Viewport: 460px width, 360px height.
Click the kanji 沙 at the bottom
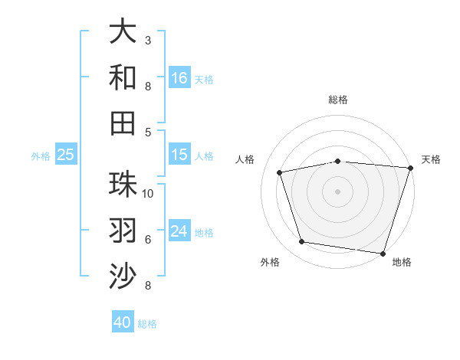coord(123,276)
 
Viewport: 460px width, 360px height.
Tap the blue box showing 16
coord(179,78)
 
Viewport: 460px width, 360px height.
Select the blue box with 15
coord(179,155)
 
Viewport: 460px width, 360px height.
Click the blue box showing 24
coord(179,232)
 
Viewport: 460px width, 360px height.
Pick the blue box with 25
coord(66,155)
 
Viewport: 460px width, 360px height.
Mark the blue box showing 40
coord(123,322)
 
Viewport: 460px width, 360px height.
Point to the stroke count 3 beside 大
coord(148,40)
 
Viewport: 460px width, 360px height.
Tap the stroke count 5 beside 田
coord(148,132)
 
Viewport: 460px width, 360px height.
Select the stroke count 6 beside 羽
coord(148,239)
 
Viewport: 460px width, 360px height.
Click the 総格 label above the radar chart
coord(337,100)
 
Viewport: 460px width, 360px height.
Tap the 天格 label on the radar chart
coord(431,159)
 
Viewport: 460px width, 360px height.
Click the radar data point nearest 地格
coord(383,253)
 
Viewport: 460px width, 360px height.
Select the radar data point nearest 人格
coord(280,172)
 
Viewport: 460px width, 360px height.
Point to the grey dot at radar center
coord(337,191)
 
